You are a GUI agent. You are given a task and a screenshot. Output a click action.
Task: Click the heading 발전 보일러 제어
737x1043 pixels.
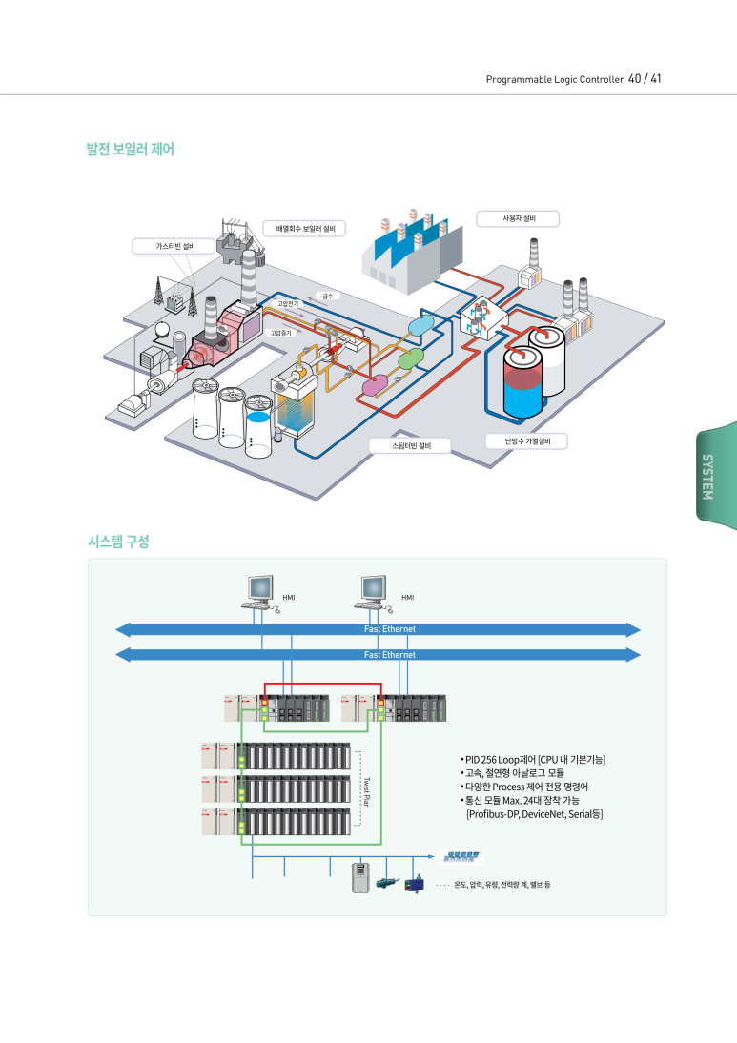point(130,149)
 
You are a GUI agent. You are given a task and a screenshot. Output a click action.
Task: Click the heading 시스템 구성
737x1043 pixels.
point(118,542)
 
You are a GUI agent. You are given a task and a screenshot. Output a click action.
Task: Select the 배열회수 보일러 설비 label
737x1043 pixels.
point(305,229)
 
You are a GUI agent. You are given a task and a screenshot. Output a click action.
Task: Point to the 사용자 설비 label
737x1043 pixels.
point(518,218)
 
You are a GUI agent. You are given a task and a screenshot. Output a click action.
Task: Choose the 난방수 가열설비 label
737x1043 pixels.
point(527,441)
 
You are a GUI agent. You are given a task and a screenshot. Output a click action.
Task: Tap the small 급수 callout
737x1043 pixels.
point(327,297)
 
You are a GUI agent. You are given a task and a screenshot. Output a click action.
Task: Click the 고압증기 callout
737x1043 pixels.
point(281,334)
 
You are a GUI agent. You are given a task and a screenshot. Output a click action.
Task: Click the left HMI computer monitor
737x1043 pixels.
point(260,589)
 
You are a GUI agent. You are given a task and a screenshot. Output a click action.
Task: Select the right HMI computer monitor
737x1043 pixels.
point(374,589)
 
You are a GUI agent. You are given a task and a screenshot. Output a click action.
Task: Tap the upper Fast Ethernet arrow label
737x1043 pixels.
point(390,629)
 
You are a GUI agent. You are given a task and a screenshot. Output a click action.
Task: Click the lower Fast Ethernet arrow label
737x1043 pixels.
point(390,655)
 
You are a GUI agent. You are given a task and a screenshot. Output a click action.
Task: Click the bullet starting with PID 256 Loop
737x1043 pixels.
point(532,759)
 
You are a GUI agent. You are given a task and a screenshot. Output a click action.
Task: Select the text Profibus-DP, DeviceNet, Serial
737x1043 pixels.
point(535,814)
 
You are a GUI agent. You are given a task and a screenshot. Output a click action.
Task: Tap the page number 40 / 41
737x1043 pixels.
point(645,78)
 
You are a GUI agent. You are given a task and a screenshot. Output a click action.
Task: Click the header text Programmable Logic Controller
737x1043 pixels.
point(554,79)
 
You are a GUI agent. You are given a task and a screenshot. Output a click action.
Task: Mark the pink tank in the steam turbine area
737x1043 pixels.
point(375,384)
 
